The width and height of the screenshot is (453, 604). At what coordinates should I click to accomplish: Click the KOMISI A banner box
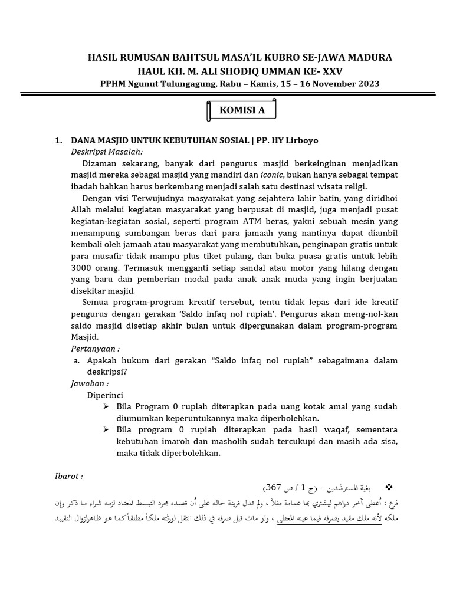click(x=241, y=110)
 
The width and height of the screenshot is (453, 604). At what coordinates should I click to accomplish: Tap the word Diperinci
click(x=106, y=395)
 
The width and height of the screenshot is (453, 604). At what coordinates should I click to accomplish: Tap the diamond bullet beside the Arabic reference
click(x=388, y=487)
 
